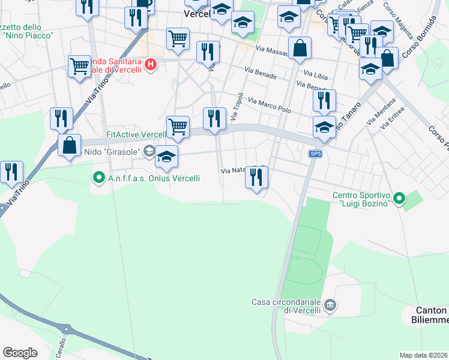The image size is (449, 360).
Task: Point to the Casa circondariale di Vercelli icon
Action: [330, 306]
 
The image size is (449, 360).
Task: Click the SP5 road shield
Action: [316, 154]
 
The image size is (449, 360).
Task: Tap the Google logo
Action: [20, 353]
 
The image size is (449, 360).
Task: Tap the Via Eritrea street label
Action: [394, 119]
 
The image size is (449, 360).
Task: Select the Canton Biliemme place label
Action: [432, 315]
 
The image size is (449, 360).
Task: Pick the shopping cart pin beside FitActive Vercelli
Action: [178, 127]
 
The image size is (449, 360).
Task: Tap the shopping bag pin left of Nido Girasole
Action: [70, 145]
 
